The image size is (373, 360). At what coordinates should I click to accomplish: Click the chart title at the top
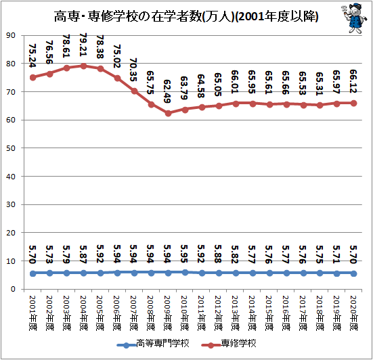(186, 17)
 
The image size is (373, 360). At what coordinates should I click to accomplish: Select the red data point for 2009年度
(168, 113)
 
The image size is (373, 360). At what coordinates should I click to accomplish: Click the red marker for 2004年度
(83, 66)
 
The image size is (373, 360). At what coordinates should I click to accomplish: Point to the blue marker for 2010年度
(185, 273)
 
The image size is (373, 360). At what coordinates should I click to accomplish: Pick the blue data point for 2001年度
(32, 273)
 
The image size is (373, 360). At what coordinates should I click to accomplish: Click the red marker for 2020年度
(354, 104)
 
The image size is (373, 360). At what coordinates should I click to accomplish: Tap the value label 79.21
(83, 45)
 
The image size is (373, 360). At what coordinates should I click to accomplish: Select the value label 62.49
(167, 91)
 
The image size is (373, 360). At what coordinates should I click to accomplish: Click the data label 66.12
(353, 81)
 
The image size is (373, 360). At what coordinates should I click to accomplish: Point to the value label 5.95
(184, 254)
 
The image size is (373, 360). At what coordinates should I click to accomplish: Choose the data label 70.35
(133, 70)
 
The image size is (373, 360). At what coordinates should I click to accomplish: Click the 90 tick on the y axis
(11, 35)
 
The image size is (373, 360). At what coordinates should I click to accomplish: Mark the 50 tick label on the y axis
(11, 148)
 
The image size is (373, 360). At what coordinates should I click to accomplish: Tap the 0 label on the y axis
(13, 289)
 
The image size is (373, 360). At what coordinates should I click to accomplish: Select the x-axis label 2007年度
(134, 313)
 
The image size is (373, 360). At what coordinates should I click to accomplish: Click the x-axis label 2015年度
(269, 313)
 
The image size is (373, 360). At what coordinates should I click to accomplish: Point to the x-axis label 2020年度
(354, 313)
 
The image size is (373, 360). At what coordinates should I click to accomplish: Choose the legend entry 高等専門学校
(153, 344)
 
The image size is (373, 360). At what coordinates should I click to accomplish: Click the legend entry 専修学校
(229, 344)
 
